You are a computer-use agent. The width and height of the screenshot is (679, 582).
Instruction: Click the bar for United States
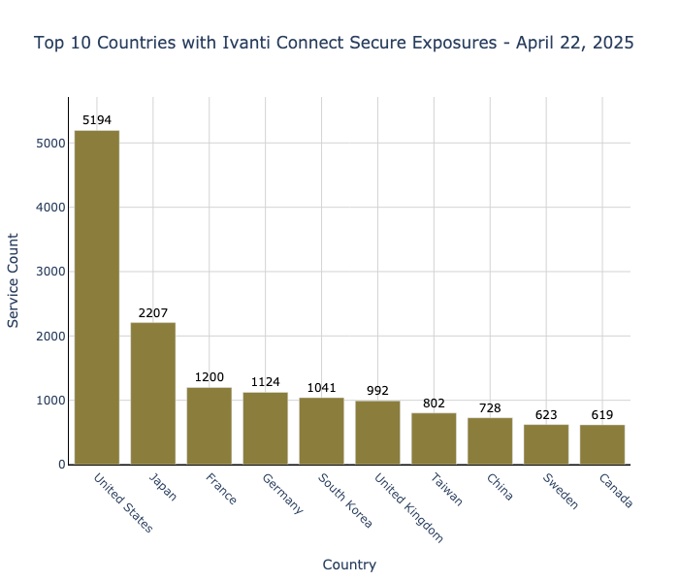(x=97, y=297)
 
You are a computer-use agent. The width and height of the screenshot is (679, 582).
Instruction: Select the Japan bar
(x=153, y=393)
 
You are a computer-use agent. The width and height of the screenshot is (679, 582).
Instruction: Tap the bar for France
(x=210, y=426)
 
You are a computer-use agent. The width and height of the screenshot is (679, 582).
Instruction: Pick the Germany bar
(x=265, y=428)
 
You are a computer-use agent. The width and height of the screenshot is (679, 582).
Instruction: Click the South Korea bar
(x=321, y=431)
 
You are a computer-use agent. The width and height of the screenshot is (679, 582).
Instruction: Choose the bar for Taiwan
(x=434, y=438)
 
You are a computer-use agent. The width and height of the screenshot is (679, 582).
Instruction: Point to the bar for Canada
(x=602, y=444)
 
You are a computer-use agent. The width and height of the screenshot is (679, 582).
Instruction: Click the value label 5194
(x=97, y=120)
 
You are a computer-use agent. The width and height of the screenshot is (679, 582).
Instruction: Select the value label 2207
(x=153, y=313)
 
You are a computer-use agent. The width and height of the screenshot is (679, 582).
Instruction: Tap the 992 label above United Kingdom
(x=377, y=391)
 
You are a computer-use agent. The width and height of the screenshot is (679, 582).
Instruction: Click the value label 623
(x=546, y=415)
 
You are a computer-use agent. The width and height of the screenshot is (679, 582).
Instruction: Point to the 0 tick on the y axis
(x=61, y=465)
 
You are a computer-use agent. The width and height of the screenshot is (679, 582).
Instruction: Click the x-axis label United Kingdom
(x=407, y=506)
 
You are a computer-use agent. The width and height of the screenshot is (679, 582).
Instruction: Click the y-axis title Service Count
(x=14, y=280)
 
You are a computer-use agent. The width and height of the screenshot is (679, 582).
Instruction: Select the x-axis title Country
(x=349, y=565)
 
